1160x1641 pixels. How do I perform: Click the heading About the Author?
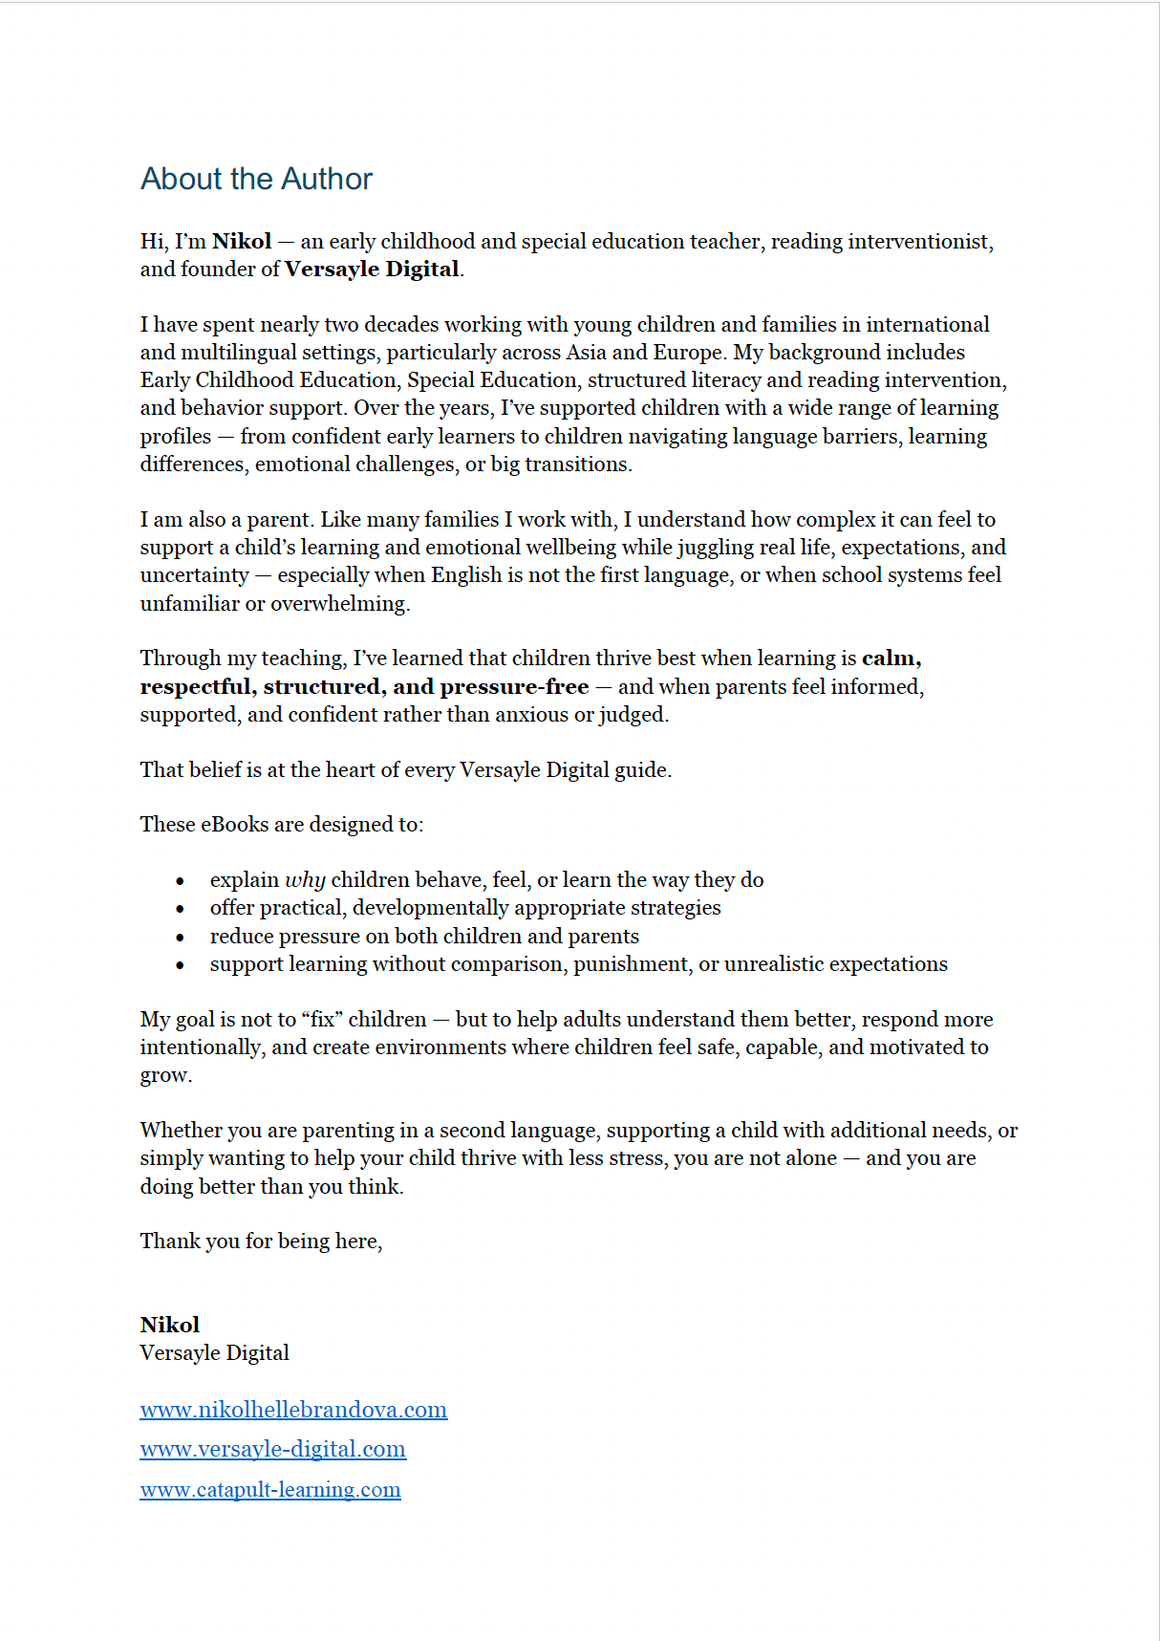pyautogui.click(x=256, y=179)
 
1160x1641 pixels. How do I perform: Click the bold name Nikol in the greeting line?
pyautogui.click(x=241, y=241)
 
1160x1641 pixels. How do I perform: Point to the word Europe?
pyautogui.click(x=687, y=352)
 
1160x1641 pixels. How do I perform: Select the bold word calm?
pyautogui.click(x=890, y=658)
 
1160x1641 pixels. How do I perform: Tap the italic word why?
pyautogui.click(x=305, y=880)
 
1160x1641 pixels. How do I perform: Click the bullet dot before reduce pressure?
pyautogui.click(x=180, y=938)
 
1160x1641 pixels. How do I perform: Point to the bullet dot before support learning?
pyautogui.click(x=180, y=965)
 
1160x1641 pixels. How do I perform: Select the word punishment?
pyautogui.click(x=632, y=963)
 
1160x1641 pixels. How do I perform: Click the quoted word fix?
pyautogui.click(x=322, y=1019)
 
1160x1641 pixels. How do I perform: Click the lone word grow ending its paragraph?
pyautogui.click(x=164, y=1076)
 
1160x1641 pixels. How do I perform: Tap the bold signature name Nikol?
pyautogui.click(x=170, y=1325)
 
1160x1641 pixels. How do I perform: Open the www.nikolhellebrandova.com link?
pyautogui.click(x=293, y=1410)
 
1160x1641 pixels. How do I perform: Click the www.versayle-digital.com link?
pyautogui.click(x=272, y=1449)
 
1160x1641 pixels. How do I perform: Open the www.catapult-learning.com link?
pyautogui.click(x=270, y=1489)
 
